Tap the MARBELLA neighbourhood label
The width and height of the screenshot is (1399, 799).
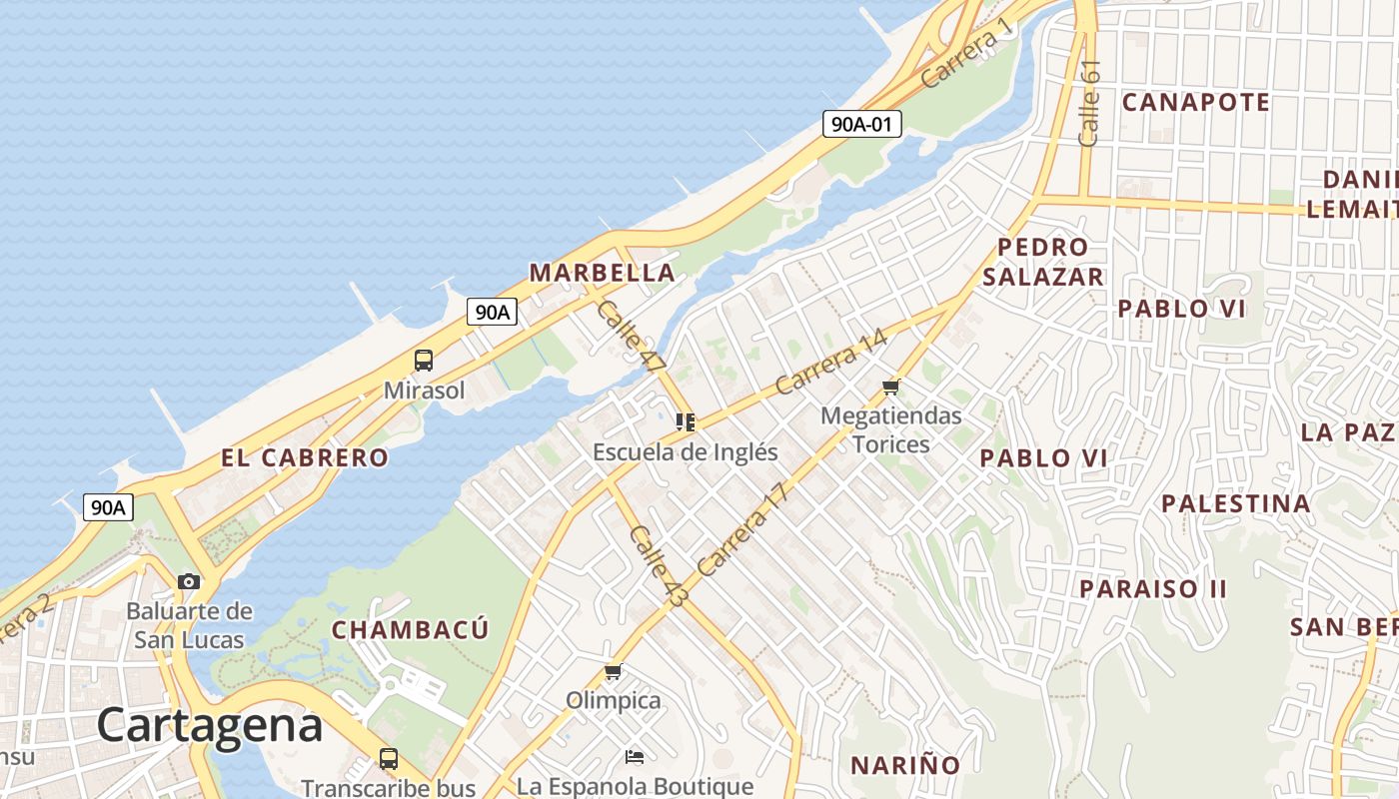coord(602,273)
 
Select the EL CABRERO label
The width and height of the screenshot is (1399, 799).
coord(305,458)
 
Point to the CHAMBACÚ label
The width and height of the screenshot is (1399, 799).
coord(410,630)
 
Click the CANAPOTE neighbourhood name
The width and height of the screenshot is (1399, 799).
coord(1195,102)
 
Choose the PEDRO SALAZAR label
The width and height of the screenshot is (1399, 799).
coord(1042,262)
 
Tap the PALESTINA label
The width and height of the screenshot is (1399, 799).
coord(1235,503)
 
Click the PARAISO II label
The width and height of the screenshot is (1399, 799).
coord(1152,588)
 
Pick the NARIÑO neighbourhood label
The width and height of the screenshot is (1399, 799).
coord(905,766)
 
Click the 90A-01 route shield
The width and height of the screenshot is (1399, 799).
coord(862,124)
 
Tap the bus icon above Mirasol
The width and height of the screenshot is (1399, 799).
coord(424,361)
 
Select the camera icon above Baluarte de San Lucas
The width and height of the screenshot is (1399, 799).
coord(188,581)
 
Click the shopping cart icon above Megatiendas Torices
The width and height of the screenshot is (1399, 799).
coord(890,387)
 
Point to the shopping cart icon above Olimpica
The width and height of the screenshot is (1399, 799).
coord(613,672)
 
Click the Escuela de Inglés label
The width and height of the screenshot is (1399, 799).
coord(685,451)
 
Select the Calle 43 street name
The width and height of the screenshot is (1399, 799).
coord(659,566)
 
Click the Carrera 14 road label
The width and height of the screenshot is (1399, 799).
coord(830,361)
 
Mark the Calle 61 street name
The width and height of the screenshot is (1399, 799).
coord(1089,103)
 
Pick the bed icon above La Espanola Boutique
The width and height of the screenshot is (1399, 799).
coord(634,756)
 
